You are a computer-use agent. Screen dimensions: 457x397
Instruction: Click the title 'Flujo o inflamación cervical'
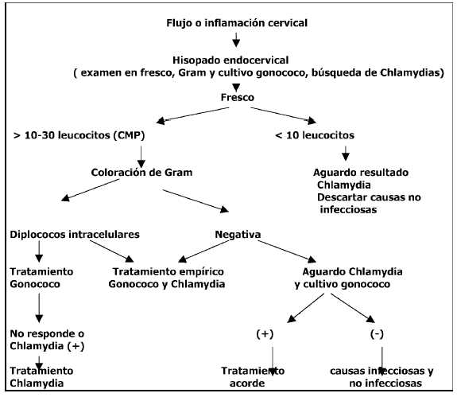[x=237, y=23]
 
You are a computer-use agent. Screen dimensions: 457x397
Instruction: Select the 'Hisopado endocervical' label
[x=230, y=60]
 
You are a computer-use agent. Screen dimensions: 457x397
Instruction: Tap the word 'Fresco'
[x=238, y=97]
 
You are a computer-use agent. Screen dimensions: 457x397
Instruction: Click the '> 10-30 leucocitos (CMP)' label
[x=79, y=135]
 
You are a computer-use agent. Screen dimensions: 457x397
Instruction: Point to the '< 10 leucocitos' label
[x=315, y=135]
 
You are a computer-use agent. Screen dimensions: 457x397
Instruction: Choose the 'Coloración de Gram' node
[x=141, y=173]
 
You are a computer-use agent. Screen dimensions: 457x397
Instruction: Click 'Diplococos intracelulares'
[x=75, y=235]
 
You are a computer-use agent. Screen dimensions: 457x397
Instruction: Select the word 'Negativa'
[x=238, y=235]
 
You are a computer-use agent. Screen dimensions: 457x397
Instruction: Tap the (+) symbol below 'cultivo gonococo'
[x=265, y=334]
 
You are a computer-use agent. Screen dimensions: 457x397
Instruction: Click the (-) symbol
[x=377, y=334]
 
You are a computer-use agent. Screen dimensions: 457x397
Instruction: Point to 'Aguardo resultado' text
[x=361, y=173]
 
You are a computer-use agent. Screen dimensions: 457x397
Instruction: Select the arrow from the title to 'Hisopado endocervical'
[x=236, y=40]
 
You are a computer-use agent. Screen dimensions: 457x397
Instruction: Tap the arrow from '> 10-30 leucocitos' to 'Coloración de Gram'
[x=141, y=158]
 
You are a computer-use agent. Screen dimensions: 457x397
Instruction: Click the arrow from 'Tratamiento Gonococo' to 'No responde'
[x=39, y=308]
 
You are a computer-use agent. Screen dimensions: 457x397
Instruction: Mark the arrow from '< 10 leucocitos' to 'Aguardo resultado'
[x=346, y=154]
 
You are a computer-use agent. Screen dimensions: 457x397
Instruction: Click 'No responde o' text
[x=47, y=333]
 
